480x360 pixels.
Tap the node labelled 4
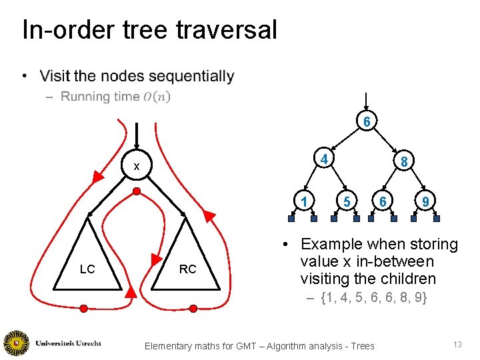point(323,159)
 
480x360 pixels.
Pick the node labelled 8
point(404,161)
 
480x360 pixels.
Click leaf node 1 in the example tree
point(304,201)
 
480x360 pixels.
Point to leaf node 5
point(345,201)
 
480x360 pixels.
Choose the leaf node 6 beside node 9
point(382,201)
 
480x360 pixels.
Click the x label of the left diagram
point(136,167)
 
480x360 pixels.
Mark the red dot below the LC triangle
point(84,308)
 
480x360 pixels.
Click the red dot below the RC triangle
point(193,308)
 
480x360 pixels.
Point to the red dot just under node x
point(136,191)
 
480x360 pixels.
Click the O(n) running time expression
point(157,97)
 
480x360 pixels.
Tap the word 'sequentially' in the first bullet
point(194,77)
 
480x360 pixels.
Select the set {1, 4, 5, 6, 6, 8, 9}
point(374,298)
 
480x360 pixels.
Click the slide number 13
point(457,344)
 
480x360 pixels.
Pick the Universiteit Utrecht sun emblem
point(16,343)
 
